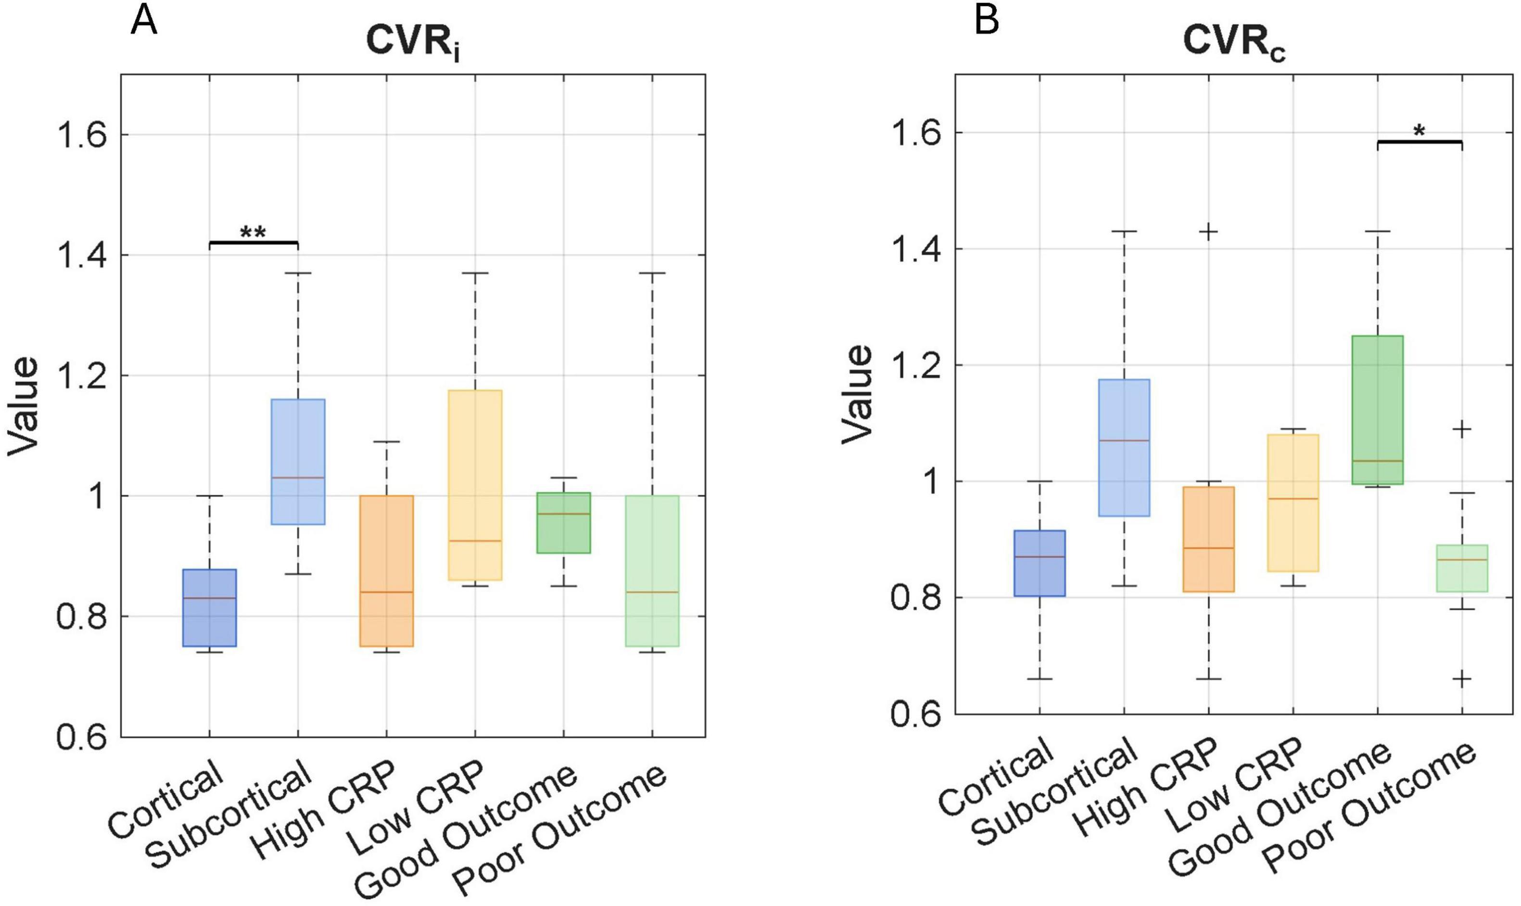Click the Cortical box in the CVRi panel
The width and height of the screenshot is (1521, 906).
210,608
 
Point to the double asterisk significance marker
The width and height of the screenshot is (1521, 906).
253,233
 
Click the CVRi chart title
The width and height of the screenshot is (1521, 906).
412,43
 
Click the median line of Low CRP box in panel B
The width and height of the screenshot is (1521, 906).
1293,499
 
